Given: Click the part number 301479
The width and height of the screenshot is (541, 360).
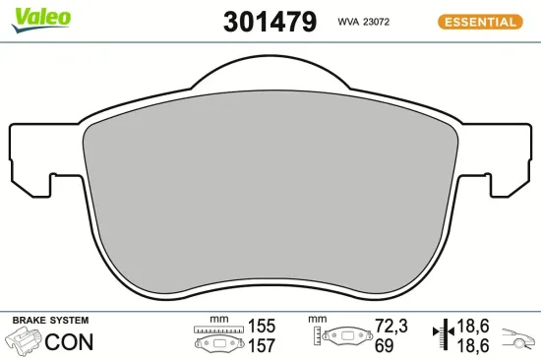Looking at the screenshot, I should tap(270, 21).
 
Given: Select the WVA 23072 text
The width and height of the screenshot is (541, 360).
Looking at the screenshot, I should tap(365, 21).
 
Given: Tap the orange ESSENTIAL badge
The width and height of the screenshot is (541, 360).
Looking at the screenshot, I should tap(479, 21).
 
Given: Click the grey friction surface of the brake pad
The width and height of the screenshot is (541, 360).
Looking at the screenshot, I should tap(270, 197).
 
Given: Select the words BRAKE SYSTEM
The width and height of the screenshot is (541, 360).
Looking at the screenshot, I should tap(50, 321).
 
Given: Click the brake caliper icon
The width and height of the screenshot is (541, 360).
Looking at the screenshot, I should tap(26, 342).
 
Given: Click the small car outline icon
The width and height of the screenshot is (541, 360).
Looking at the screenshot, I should tap(518, 340).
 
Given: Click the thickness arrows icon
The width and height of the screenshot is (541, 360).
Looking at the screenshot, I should tap(441, 336).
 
